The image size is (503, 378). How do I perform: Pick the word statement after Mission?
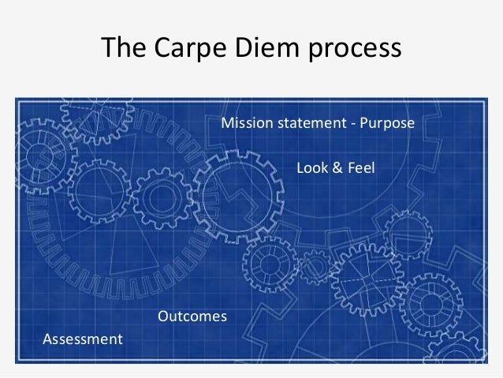click(x=305, y=125)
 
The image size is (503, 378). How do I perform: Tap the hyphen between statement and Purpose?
click(x=352, y=125)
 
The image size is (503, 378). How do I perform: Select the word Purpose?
click(x=386, y=125)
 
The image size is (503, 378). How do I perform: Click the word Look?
click(x=310, y=168)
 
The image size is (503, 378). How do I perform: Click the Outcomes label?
click(x=192, y=316)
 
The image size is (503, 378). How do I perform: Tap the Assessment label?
click(x=82, y=339)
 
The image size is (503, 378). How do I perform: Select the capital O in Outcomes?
click(x=164, y=316)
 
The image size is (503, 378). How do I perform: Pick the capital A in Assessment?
click(x=46, y=339)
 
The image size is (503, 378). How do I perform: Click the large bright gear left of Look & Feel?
click(x=233, y=197)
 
